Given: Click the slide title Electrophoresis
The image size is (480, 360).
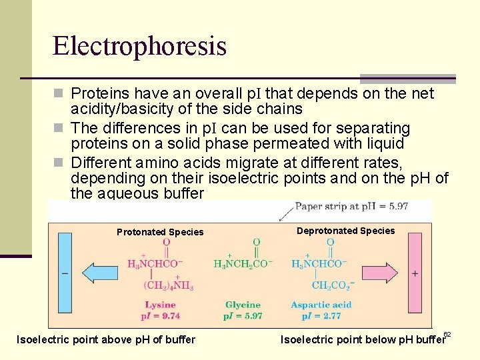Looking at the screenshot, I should tap(139, 46).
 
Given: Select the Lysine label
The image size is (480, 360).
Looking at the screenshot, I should tap(161, 305).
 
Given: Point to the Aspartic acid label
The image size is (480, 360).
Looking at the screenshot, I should tap(321, 305).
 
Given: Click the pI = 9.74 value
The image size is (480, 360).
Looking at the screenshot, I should tap(161, 316).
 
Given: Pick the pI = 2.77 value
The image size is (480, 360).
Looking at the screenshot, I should tap(321, 316).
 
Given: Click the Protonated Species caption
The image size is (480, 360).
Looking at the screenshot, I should tap(160, 232).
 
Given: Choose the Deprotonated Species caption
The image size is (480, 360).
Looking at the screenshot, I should tap(345, 231).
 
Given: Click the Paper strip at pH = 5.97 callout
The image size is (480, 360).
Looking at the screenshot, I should tap(351, 207).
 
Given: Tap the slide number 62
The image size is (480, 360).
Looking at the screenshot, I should tap(447, 333).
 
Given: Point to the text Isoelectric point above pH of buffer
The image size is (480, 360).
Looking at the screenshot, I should tap(105, 340).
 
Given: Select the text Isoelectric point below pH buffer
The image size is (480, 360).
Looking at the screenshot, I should tap(362, 340).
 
